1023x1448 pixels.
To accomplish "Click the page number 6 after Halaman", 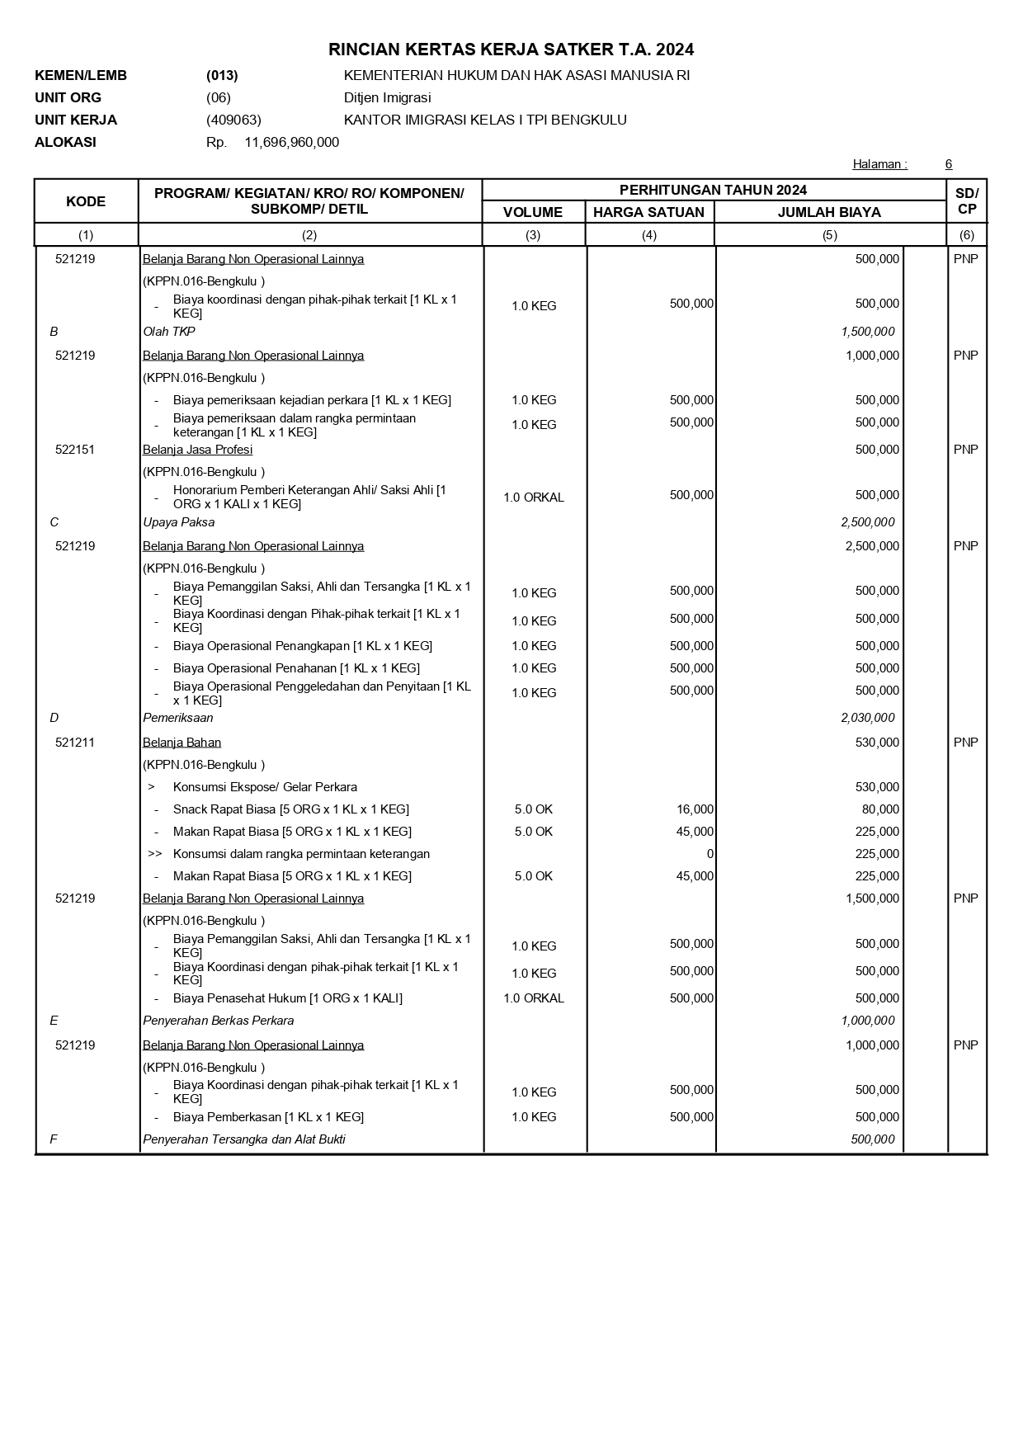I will (949, 164).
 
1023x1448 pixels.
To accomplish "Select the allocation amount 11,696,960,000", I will (291, 142).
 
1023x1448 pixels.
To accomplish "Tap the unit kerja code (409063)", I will (233, 120).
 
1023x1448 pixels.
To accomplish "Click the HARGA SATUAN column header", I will (648, 212).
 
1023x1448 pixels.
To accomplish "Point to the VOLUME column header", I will (533, 212).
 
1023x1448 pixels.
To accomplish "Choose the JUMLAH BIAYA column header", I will (829, 212).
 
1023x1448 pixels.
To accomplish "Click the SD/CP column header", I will (966, 200).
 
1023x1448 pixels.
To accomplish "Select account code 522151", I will (75, 450).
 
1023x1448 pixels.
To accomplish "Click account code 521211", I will (75, 743).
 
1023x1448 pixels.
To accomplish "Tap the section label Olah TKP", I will (169, 332).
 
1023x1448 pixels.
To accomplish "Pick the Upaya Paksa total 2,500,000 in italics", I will (867, 522).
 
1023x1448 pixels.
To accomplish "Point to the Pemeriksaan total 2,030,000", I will (867, 718).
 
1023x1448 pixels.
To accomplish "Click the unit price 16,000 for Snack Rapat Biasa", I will (695, 809).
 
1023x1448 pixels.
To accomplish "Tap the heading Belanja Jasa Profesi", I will (197, 450).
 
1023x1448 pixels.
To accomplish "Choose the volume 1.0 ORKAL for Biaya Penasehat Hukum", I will (533, 998).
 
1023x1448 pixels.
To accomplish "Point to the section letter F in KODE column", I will (54, 1139).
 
